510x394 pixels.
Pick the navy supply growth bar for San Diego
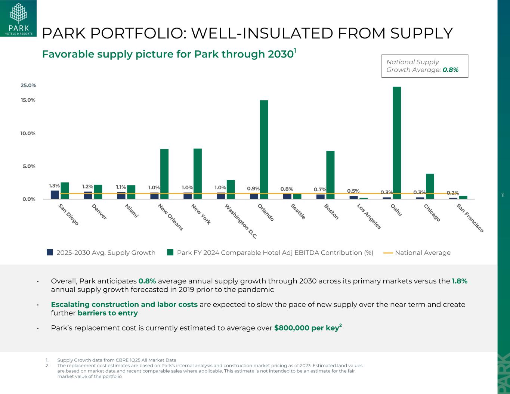[55, 195]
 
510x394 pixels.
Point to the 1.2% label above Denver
[87, 186]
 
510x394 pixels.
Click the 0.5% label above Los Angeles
[353, 191]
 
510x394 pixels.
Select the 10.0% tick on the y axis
[28, 133]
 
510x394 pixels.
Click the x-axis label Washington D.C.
[241, 221]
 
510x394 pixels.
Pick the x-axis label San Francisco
[470, 218]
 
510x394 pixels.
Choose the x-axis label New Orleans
[170, 217]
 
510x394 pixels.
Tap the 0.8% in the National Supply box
[450, 70]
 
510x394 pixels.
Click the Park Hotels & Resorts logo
[18, 18]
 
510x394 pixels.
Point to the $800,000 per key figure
[306, 328]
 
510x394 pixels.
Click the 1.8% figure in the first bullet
[459, 281]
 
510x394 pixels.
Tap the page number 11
[503, 195]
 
